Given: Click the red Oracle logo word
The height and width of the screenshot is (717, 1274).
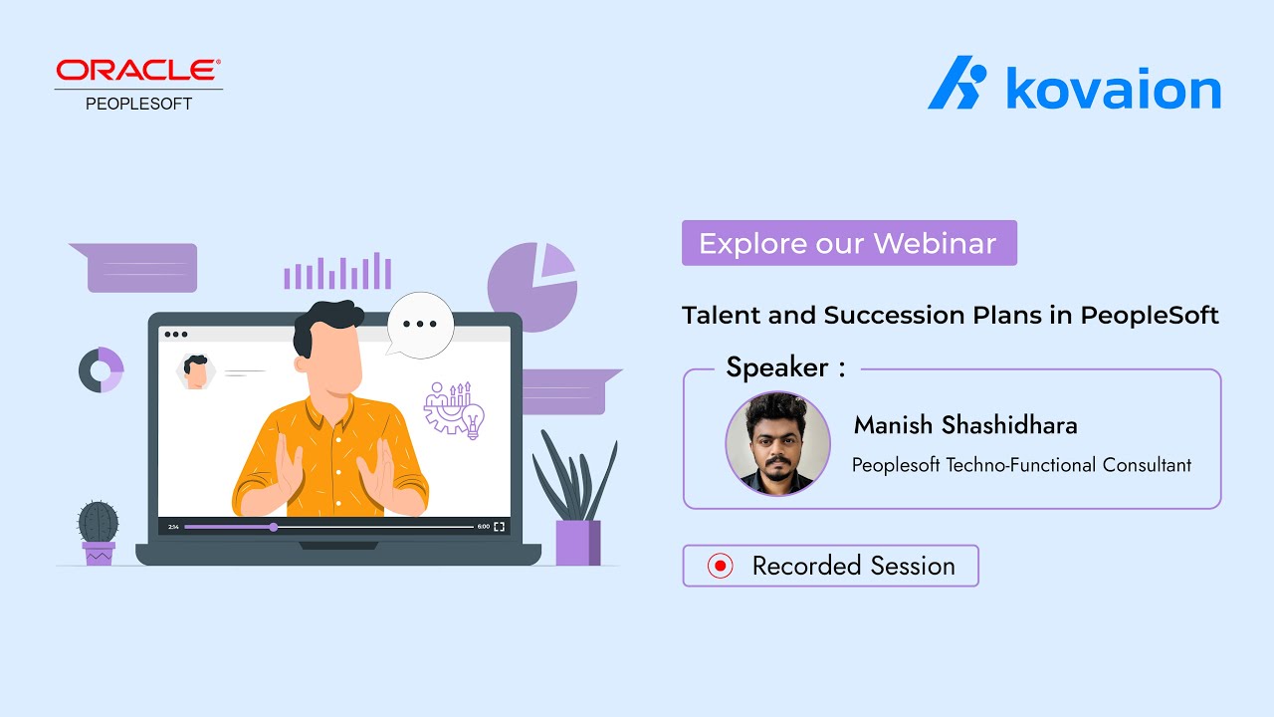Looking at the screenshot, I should [x=138, y=72].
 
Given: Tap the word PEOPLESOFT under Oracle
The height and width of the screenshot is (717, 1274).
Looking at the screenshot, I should [x=138, y=103].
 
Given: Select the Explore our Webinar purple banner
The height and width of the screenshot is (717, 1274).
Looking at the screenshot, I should [x=848, y=243].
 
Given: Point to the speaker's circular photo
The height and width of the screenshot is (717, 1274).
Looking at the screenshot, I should [x=777, y=443].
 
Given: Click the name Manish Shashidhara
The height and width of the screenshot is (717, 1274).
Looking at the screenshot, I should [x=964, y=425].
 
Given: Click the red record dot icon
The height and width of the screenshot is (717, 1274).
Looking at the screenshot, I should [x=720, y=566].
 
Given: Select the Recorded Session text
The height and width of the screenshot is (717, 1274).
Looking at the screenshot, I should [x=853, y=566].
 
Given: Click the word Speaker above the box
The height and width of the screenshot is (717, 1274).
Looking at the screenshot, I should [x=777, y=367].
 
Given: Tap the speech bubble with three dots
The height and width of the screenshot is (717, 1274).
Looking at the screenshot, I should [x=420, y=324].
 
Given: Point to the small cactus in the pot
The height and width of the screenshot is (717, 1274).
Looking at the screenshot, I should [x=99, y=522].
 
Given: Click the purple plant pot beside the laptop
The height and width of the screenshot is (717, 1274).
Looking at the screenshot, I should [x=577, y=543].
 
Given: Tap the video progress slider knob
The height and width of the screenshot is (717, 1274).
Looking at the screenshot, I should [x=274, y=527].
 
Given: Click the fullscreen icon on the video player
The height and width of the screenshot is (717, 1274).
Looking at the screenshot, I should [x=499, y=527].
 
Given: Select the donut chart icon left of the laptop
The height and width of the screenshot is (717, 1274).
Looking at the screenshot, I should [x=102, y=369].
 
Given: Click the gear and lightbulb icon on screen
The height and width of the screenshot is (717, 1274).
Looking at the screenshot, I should [x=454, y=409].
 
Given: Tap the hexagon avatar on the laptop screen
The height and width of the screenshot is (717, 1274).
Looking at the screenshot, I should [x=196, y=371].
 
